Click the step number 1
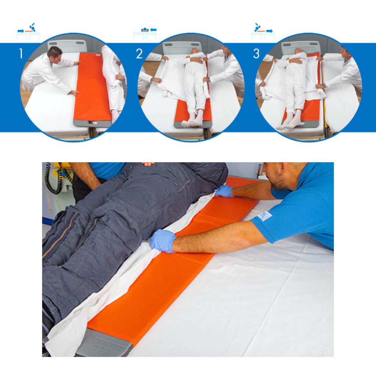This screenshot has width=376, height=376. pyautogui.click(x=21, y=54)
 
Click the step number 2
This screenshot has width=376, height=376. pyautogui.click(x=139, y=54)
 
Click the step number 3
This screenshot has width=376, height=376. pyautogui.click(x=256, y=54)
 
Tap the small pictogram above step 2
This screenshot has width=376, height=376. pyautogui.click(x=145, y=33)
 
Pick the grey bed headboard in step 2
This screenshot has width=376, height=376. pyautogui.click(x=182, y=48)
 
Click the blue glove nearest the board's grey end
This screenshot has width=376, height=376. pyautogui.click(x=163, y=241)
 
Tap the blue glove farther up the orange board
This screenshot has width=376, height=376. pyautogui.click(x=224, y=191)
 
